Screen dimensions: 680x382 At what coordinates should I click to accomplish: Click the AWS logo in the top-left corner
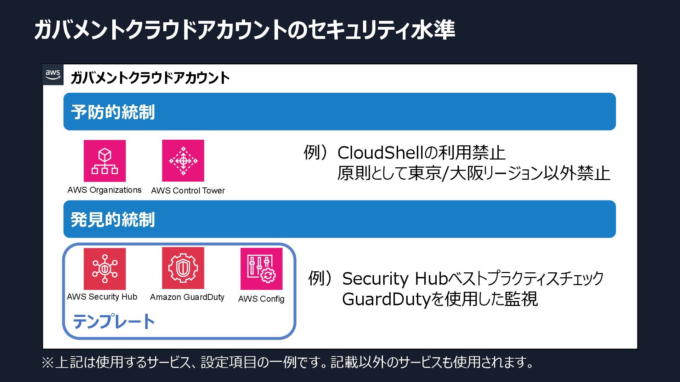tap(53, 75)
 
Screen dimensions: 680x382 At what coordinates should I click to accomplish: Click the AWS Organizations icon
tap(104, 161)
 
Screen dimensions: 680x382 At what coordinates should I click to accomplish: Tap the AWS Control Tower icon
tap(183, 161)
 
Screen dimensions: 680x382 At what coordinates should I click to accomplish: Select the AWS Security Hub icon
tap(104, 269)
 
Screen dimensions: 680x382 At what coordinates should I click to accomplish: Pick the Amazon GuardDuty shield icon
tap(183, 268)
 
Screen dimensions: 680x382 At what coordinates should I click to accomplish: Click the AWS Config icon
tap(261, 269)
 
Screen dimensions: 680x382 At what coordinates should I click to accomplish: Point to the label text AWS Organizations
tap(104, 190)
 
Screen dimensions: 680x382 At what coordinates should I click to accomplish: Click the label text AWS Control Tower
tap(188, 191)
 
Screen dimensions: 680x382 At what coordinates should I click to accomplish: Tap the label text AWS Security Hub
tap(102, 297)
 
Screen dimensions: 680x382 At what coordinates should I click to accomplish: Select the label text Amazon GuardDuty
tap(187, 297)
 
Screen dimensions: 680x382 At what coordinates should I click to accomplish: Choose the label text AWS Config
tap(261, 299)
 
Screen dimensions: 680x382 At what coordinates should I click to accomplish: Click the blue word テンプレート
tap(114, 322)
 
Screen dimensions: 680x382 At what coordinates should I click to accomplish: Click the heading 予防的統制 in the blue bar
tap(113, 112)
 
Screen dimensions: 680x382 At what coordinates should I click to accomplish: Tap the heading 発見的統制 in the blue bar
tap(113, 220)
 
